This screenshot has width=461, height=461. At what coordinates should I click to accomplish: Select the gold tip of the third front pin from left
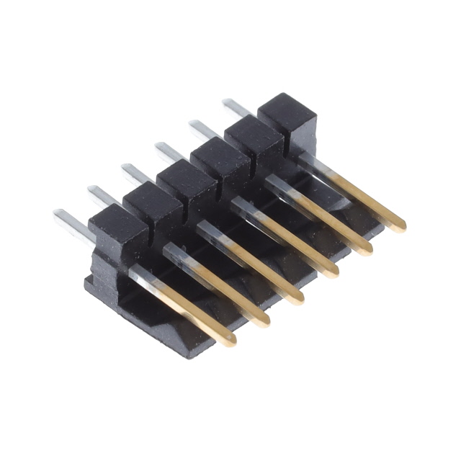pyautogui.click(x=296, y=298)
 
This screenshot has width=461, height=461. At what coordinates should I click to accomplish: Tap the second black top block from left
pyautogui.click(x=153, y=203)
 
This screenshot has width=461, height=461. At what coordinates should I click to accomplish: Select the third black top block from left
pyautogui.click(x=187, y=181)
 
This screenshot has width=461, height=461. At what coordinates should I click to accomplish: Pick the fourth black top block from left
pyautogui.click(x=220, y=158)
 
